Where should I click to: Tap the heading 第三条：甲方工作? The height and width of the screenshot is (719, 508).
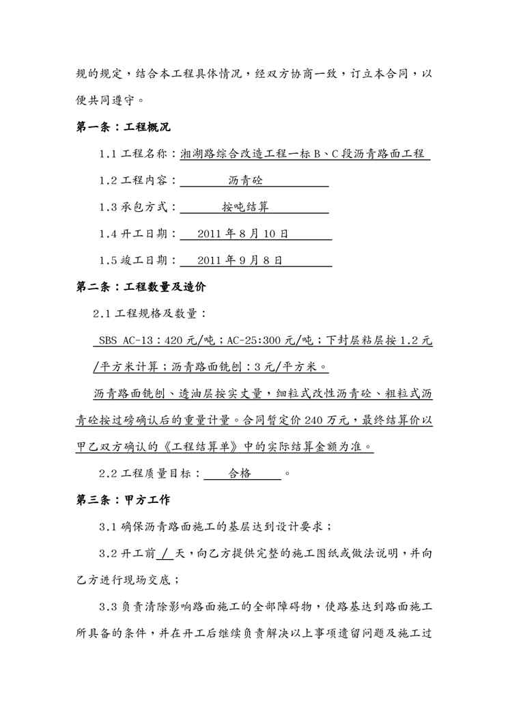click(x=117, y=500)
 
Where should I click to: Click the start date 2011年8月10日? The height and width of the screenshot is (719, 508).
click(x=242, y=234)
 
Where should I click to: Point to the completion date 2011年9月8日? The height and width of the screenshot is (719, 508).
click(x=240, y=261)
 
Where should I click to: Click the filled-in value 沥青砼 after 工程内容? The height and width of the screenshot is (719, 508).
click(x=245, y=181)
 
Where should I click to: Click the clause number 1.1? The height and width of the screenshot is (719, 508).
click(x=109, y=155)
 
